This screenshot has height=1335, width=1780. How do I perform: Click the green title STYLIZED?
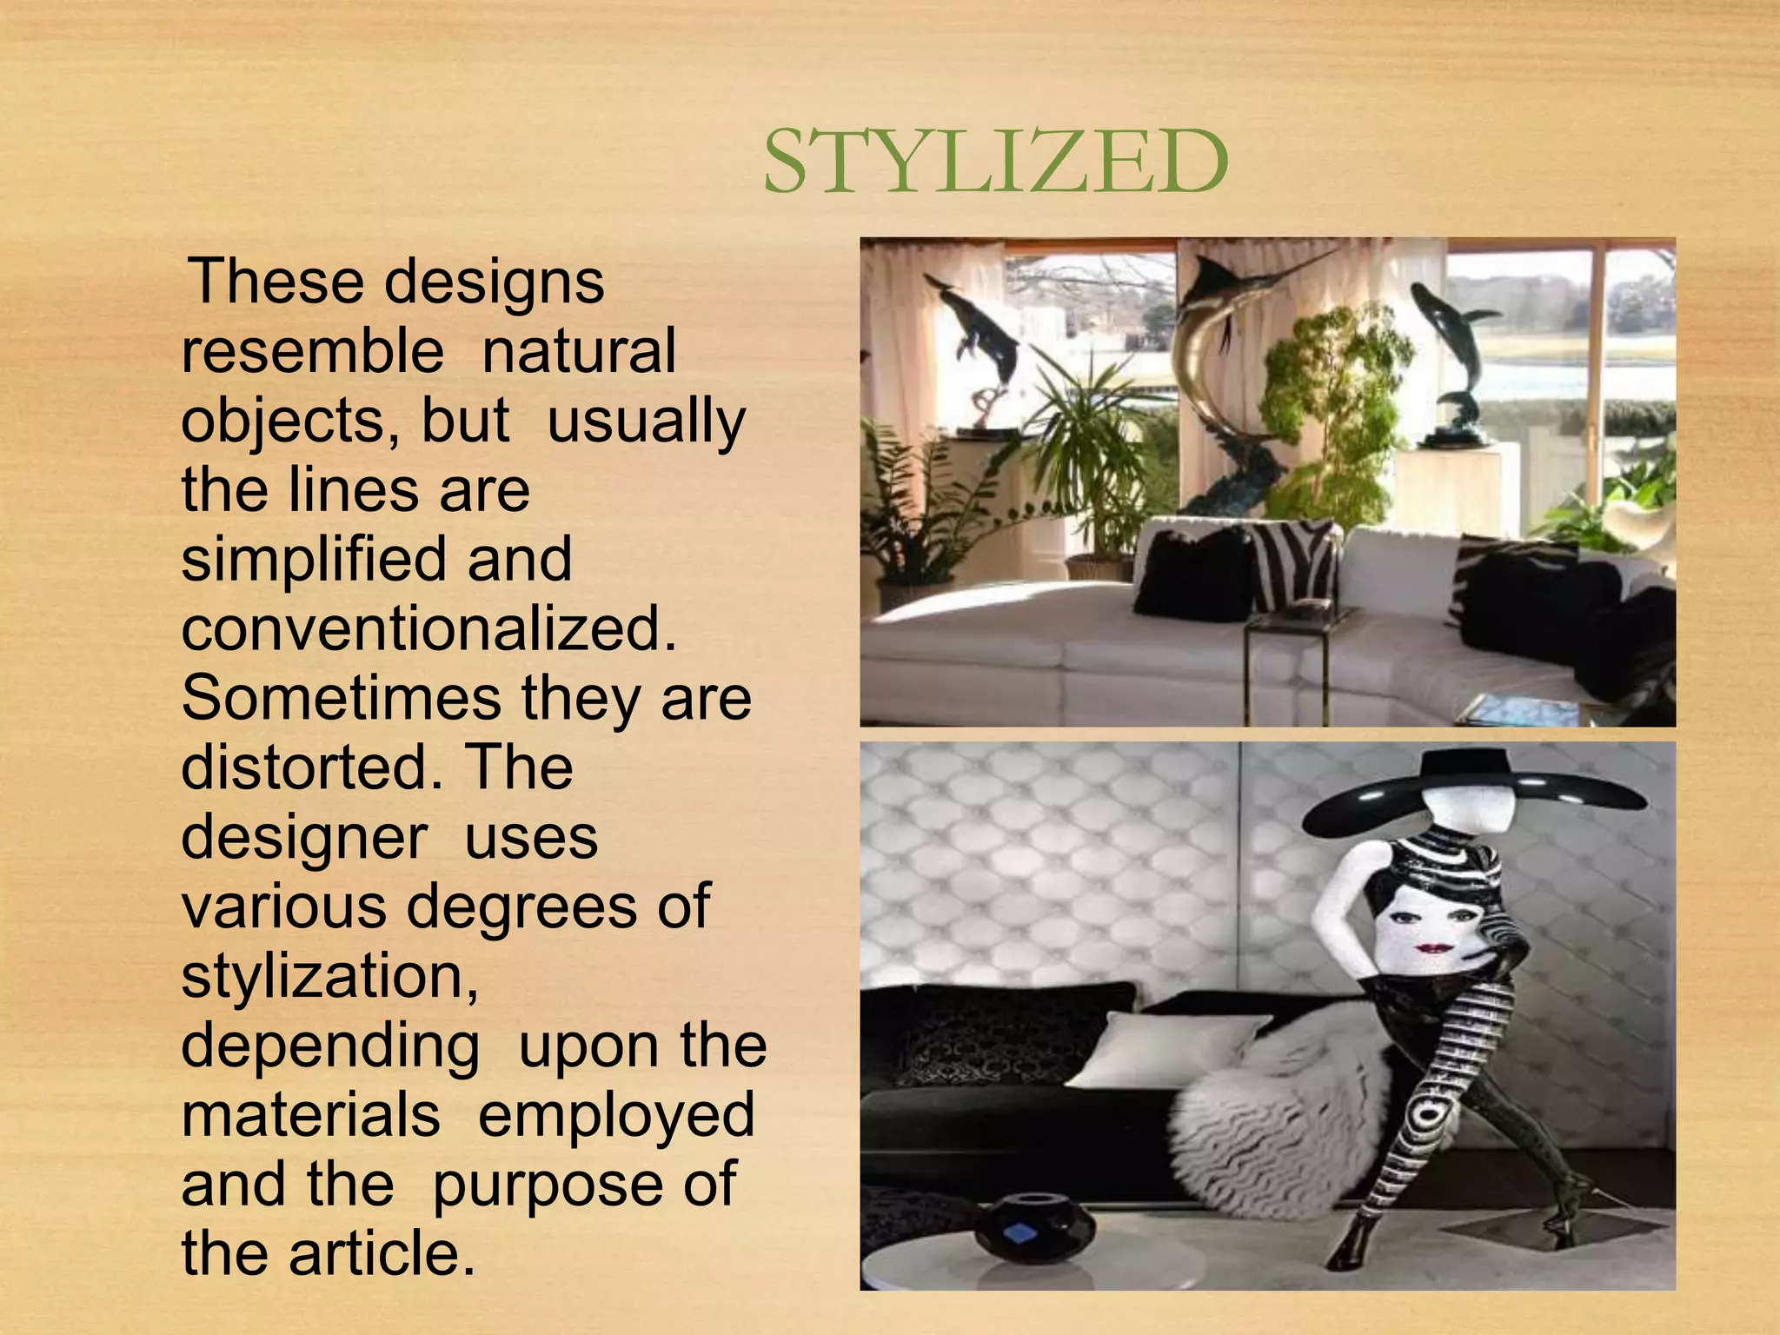click(995, 163)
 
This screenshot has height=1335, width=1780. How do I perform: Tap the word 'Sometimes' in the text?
click(341, 698)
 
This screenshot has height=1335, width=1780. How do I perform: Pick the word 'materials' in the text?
click(310, 1115)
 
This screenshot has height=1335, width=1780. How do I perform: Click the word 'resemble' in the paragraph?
click(312, 351)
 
